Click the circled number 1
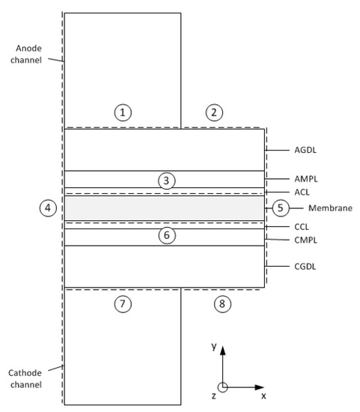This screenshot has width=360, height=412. click(123, 112)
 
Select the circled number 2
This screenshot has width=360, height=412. click(214, 112)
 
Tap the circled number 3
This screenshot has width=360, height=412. click(168, 180)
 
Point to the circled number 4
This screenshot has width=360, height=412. click(49, 207)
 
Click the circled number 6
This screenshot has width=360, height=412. click(168, 235)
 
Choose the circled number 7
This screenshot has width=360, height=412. click(123, 303)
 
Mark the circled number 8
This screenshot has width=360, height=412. click(221, 303)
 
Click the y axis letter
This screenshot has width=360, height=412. click(214, 346)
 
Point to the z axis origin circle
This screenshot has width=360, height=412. click(222, 387)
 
